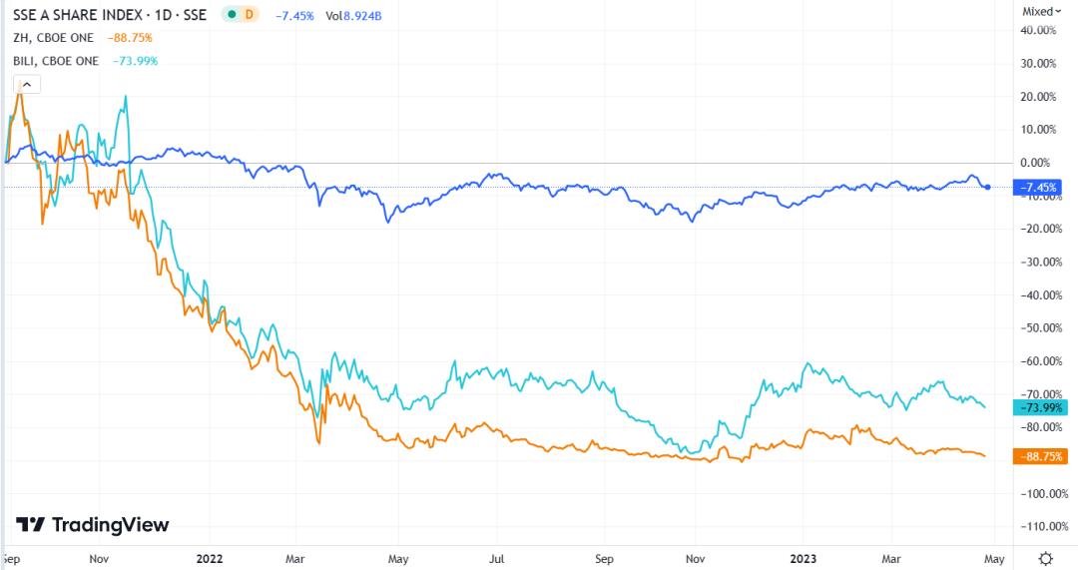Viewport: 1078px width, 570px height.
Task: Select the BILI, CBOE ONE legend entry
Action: (x=56, y=61)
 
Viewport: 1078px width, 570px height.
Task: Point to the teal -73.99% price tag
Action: (x=1040, y=406)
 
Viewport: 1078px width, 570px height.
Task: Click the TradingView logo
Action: (x=94, y=525)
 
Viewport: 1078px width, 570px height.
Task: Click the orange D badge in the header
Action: (x=248, y=15)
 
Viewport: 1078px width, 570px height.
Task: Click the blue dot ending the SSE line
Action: (x=988, y=187)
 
